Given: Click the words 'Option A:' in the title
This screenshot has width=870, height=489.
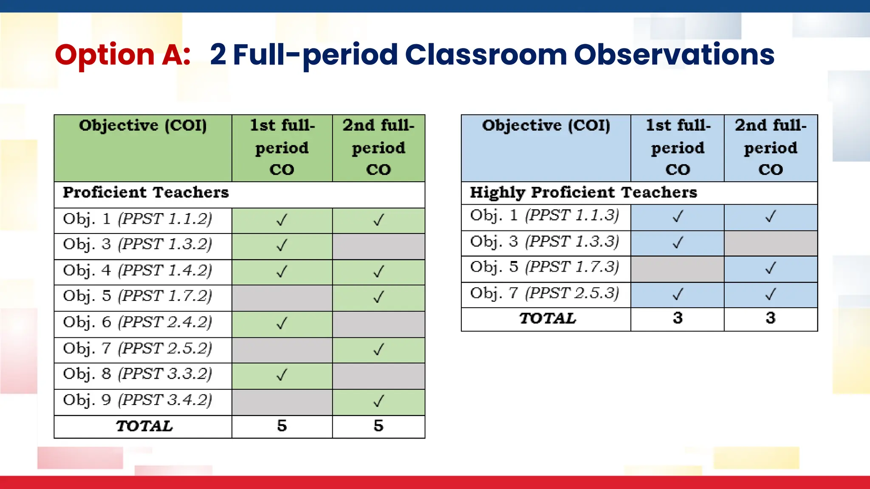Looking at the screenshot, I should pos(122,55).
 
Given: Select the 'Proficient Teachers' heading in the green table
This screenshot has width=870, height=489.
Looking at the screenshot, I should pos(146,193).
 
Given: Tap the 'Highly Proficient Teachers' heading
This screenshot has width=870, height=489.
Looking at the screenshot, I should pos(583,193).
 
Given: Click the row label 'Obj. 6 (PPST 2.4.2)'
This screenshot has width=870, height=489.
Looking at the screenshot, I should pos(137,322).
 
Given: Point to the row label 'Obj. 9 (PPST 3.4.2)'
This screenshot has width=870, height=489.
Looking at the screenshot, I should pos(137,400).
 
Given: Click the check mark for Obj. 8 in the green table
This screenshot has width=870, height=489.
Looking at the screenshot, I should pos(282,375).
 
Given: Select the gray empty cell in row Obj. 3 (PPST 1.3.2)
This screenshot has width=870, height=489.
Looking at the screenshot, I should pos(378,246).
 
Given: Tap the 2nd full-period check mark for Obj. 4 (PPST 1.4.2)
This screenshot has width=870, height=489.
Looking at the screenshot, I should pos(378,271).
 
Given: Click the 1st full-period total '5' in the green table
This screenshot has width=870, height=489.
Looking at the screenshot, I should pos(282,426).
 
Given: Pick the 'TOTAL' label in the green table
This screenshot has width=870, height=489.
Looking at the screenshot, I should pos(144,426).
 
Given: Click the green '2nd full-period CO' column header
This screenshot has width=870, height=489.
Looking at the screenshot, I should pos(378,147).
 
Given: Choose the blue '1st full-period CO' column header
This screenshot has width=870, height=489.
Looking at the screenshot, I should pos(678,147).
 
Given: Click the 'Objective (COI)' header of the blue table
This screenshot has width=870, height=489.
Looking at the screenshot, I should pos(546,126).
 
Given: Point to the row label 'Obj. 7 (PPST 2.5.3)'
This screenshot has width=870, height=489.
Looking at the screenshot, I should pos(544,293).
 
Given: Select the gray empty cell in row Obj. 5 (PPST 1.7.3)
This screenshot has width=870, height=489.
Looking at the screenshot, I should pos(677,269).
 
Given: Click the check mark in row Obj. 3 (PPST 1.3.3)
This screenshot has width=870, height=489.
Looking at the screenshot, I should pos(678,242).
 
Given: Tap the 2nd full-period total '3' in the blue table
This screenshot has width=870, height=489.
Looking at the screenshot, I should pos(770,318).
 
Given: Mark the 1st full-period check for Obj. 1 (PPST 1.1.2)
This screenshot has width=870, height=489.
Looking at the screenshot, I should pos(282,220).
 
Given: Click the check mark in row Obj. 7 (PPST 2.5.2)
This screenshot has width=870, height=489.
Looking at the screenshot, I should pos(378,349).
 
